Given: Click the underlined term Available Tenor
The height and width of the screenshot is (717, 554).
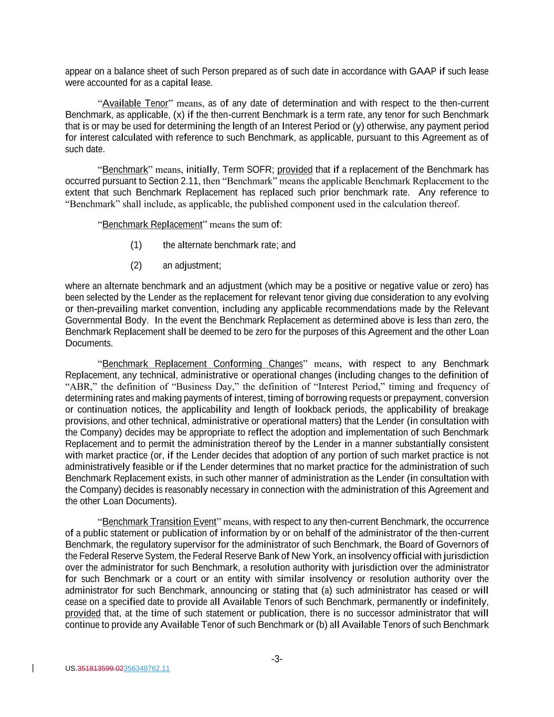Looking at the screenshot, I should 135,103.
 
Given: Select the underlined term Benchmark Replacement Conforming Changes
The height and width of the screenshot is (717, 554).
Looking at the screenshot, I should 202,364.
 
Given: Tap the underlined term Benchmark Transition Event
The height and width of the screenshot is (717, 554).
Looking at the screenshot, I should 159,522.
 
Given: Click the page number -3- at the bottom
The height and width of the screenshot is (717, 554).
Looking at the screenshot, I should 277,659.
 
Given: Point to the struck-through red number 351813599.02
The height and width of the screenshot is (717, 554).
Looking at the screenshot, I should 100,669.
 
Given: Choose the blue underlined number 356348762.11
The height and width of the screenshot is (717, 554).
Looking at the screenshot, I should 147,669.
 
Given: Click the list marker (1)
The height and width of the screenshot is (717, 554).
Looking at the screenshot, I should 136,245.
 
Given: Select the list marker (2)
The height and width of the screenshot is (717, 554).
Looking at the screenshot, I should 136,265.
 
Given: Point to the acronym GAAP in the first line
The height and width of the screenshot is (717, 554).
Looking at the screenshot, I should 422,71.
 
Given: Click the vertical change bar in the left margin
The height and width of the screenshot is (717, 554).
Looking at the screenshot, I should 34,668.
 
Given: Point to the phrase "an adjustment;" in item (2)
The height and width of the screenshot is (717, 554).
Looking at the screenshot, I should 192,265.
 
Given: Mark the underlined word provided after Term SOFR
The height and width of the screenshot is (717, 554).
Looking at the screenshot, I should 295,170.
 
